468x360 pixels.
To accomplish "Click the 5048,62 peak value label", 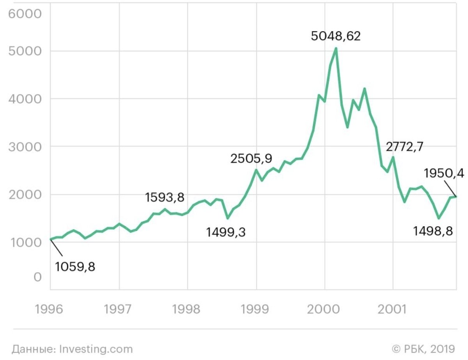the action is (x=335, y=36).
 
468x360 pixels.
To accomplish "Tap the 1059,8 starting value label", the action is (x=75, y=267).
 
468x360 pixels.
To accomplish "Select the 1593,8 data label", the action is (x=165, y=197).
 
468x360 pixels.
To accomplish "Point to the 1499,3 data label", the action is (x=226, y=232).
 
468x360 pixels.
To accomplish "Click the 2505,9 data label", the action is (x=251, y=159).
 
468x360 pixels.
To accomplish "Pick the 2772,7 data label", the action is (x=404, y=147).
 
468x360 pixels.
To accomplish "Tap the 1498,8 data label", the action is (x=433, y=231).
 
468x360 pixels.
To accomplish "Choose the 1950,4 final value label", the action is (x=444, y=173).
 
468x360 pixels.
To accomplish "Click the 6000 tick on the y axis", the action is (x=25, y=14).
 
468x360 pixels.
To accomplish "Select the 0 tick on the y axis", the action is (x=37, y=277).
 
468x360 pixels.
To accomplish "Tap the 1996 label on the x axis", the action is (x=49, y=309).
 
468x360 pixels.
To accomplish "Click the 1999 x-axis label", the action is (x=255, y=309).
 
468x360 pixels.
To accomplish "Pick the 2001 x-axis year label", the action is (x=392, y=309).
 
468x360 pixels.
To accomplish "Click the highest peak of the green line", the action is (x=336, y=49).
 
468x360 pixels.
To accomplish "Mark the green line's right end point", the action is (x=456, y=197).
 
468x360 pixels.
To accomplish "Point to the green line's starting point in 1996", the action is (x=51, y=239).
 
